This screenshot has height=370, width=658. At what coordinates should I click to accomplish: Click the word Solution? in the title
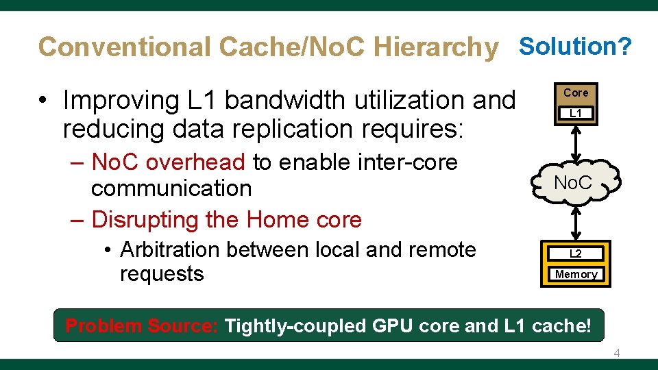click(x=575, y=46)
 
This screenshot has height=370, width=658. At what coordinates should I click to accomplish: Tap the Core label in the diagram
click(x=576, y=92)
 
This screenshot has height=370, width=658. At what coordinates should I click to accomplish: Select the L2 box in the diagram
click(x=576, y=254)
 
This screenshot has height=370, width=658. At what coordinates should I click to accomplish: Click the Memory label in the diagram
click(x=576, y=274)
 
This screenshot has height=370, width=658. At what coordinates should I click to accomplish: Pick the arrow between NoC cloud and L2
click(x=576, y=223)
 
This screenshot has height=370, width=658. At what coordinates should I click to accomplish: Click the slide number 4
click(x=616, y=353)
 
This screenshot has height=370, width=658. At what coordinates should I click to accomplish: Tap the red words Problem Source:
click(x=141, y=326)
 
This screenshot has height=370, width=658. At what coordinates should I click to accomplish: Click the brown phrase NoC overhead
click(x=168, y=162)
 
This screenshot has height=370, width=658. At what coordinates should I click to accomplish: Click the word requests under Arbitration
click(x=162, y=274)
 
